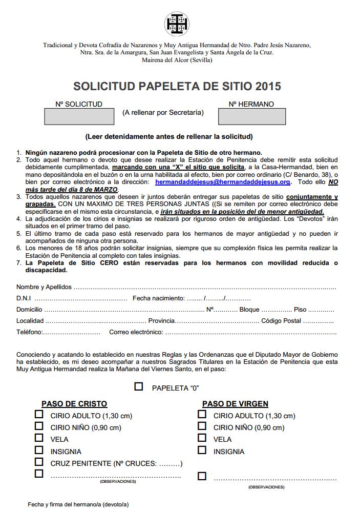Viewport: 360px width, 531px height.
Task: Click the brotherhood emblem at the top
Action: (177, 23)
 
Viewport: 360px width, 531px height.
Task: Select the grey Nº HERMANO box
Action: (251, 116)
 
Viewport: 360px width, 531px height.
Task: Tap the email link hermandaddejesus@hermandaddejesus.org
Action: (223, 182)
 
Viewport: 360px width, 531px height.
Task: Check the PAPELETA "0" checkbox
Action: (139, 386)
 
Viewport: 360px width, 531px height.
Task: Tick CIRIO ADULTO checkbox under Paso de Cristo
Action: (39, 414)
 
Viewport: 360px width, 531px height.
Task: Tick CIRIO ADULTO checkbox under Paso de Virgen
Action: (202, 414)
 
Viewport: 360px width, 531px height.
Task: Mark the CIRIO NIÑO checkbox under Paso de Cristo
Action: (39, 426)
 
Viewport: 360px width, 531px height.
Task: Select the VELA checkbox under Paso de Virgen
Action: (202, 438)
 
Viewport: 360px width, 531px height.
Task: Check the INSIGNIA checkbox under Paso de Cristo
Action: (39, 450)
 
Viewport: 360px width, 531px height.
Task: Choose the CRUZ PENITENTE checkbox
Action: (39, 462)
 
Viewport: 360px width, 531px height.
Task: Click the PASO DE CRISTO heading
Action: (74, 404)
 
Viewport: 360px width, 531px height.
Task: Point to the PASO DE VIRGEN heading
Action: (235, 404)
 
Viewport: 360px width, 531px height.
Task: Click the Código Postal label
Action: (281, 321)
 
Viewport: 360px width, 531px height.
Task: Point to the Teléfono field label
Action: (29, 332)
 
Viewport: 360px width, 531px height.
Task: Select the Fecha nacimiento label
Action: (158, 298)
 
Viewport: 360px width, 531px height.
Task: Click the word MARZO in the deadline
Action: (105, 189)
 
